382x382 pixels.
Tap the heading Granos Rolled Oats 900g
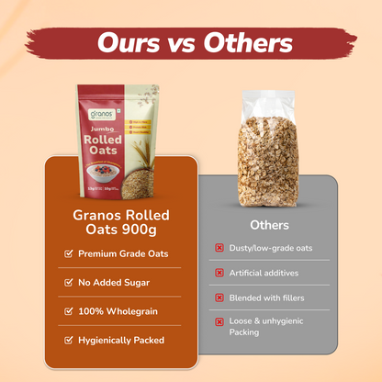pyautogui.click(x=121, y=222)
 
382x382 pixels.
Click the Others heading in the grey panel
pyautogui.click(x=270, y=225)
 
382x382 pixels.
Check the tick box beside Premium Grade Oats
pyautogui.click(x=69, y=253)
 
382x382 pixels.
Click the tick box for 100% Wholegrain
pyautogui.click(x=69, y=310)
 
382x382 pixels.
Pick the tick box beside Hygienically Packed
pyautogui.click(x=69, y=341)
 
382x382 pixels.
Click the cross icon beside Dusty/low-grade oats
pyautogui.click(x=219, y=248)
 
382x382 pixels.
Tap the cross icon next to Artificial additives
pyautogui.click(x=219, y=273)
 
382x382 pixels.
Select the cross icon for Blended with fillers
pyautogui.click(x=219, y=298)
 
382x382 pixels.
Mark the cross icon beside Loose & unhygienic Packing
pyautogui.click(x=219, y=321)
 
